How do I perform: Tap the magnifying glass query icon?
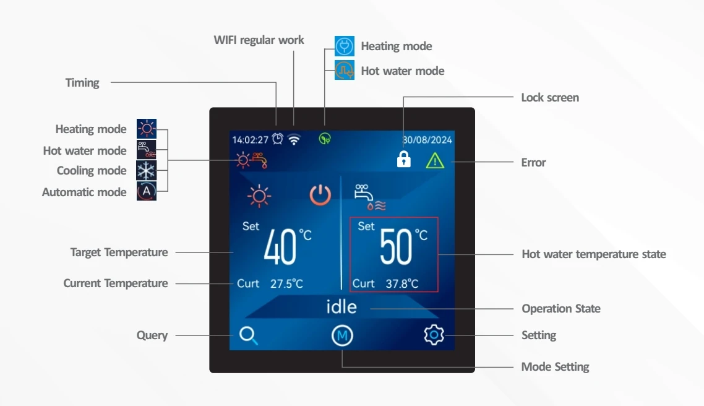coord(248,335)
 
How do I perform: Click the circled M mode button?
coord(342,335)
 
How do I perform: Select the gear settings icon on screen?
coord(434,335)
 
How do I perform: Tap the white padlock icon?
coord(403,159)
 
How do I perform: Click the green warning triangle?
coord(435,161)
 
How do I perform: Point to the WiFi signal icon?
coord(294,139)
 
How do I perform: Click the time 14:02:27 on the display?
coord(250,140)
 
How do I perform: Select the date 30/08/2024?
coord(427,140)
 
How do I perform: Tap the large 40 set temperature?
coord(280,246)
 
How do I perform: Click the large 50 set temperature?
coord(395,246)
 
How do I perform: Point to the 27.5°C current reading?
coord(286,284)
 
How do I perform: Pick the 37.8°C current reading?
coord(402,284)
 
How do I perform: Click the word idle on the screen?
coord(341,307)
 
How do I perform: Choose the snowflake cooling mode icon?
coord(147,171)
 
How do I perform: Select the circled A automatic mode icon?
coord(147,191)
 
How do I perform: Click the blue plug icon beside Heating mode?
coord(345,46)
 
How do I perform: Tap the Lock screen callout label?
coord(550,97)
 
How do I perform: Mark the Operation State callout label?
coord(560,309)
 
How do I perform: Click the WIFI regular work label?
coord(259,40)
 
